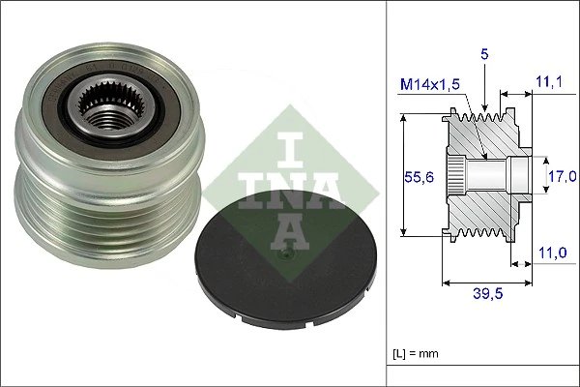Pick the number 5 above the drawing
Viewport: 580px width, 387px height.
pos(484,56)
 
